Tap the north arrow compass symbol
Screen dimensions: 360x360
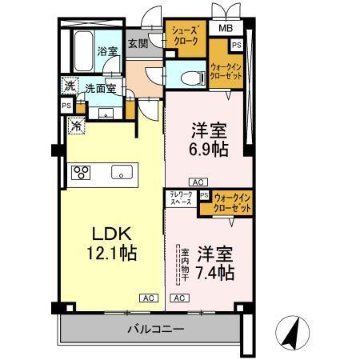[293, 331]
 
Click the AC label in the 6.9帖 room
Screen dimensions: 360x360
[197, 182]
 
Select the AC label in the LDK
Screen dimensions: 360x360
[148, 298]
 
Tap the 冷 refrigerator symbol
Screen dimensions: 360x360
[75, 125]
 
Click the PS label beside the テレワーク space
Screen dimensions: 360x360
[205, 194]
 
